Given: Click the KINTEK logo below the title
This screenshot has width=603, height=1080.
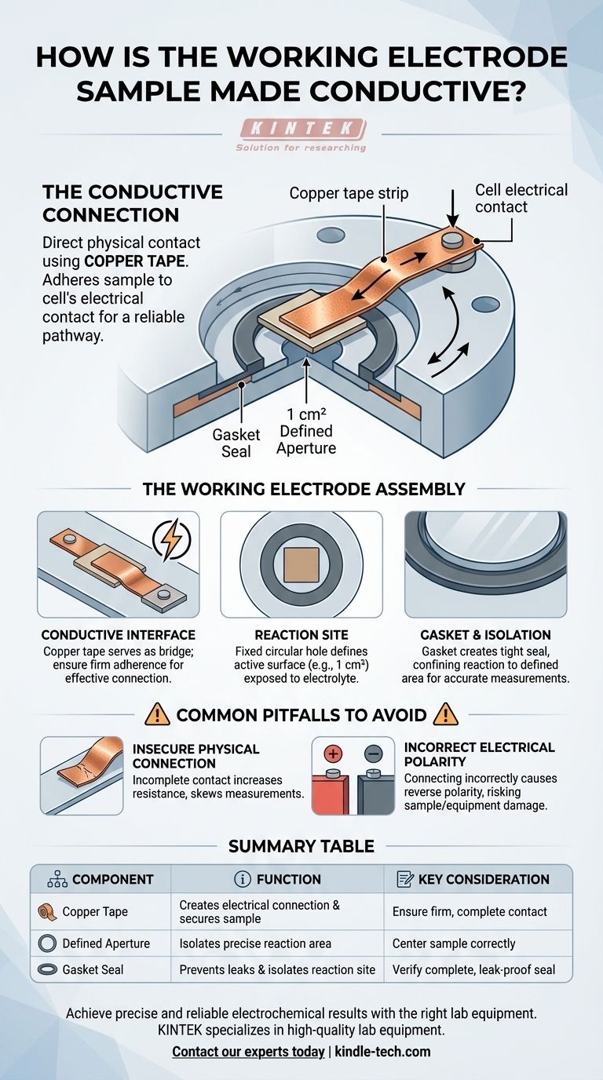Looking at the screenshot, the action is tap(301, 136).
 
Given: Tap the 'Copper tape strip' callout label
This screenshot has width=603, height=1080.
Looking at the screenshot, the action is tap(349, 193).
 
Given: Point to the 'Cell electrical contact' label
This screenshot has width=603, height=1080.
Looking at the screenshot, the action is tap(521, 198).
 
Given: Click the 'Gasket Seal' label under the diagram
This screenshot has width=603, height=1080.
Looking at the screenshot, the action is tap(236, 443).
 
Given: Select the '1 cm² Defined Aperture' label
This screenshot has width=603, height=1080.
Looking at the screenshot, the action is tap(306, 431).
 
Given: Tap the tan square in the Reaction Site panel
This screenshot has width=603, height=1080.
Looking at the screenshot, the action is tap(301, 564).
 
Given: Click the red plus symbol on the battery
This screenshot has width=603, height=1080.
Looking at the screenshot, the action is tap(333, 753).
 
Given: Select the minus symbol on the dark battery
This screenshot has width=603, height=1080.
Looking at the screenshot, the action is tap(374, 753).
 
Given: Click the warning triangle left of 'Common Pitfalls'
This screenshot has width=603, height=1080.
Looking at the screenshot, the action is tap(157, 714).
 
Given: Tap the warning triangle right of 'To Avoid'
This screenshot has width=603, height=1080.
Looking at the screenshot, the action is tap(446, 714).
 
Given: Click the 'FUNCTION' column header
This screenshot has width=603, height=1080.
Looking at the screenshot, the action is tap(277, 879).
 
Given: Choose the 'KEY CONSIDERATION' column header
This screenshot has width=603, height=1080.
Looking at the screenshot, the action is tap(473, 879).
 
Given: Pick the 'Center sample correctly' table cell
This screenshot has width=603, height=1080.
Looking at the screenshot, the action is tap(454, 943).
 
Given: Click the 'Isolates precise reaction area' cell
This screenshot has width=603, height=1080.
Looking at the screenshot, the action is tap(255, 943).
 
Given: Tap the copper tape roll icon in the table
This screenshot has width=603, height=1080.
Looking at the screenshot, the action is tap(47, 912).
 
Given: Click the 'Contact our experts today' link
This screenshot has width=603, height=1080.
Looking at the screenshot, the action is tap(248, 1051).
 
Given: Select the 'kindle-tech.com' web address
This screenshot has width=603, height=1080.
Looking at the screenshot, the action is tap(382, 1051).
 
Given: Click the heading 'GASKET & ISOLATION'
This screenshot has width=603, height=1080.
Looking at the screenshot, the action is tap(485, 635).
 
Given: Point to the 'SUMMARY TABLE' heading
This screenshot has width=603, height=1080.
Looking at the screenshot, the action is tap(301, 846).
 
